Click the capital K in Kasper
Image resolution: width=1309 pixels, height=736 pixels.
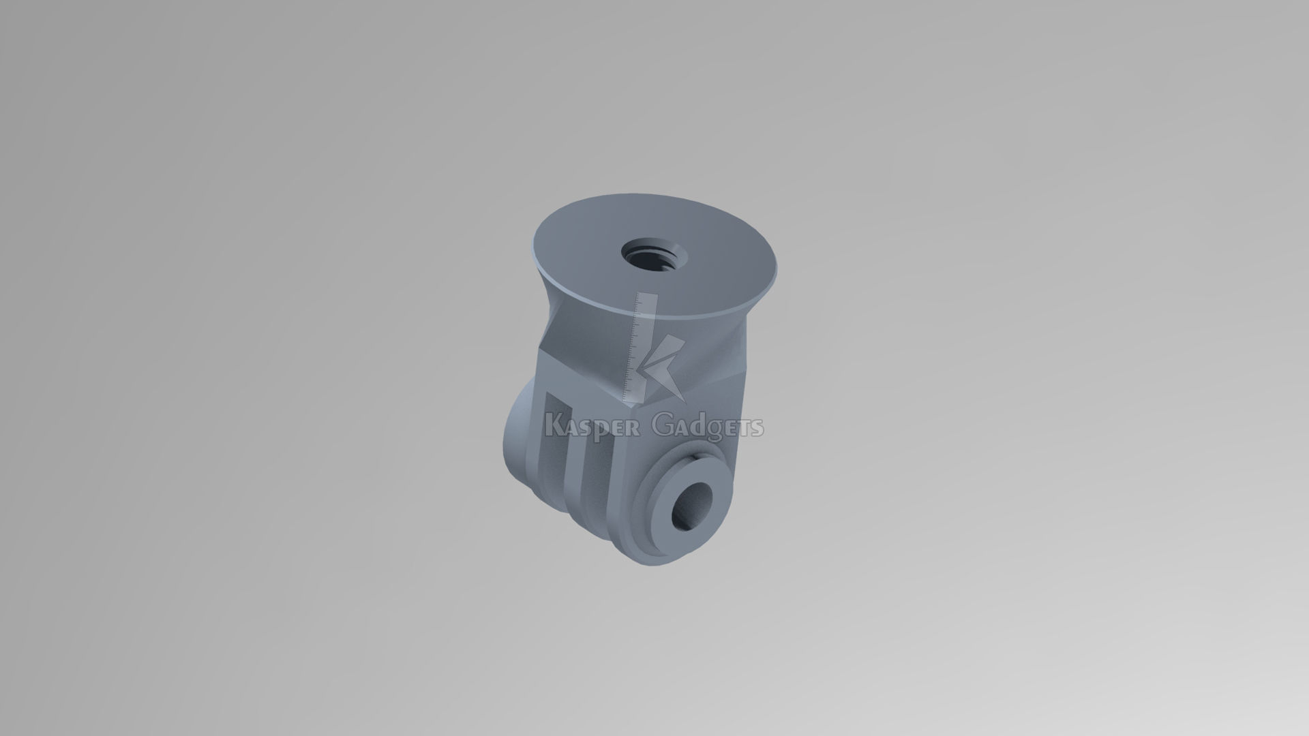[x=554, y=426]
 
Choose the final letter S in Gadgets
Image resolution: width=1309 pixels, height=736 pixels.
[x=757, y=428]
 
